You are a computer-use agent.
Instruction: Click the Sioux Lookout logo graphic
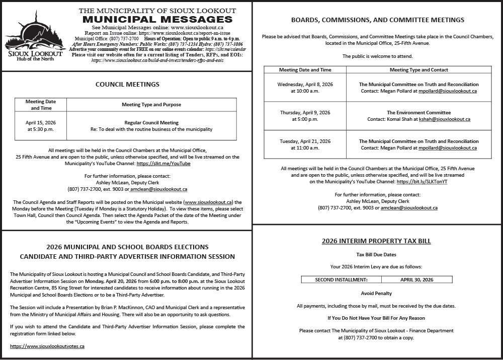coord(34,35)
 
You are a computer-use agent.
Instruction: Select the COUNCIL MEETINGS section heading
coord(127,85)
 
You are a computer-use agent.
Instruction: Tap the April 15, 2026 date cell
coord(40,126)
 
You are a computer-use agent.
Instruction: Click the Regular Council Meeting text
coord(151,122)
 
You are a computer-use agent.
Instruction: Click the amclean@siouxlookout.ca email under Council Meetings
coord(159,189)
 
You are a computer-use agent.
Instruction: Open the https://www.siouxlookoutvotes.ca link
coord(47,346)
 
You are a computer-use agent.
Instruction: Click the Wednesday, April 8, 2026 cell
coord(305,88)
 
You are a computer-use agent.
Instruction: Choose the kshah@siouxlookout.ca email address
coord(445,119)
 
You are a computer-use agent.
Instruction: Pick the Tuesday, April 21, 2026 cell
coord(305,145)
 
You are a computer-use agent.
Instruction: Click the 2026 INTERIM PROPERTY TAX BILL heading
coord(376,241)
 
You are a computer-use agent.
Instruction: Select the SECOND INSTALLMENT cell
coord(341,279)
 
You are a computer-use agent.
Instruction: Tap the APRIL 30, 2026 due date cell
coord(416,279)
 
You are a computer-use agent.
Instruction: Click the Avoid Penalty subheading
coord(376,293)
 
